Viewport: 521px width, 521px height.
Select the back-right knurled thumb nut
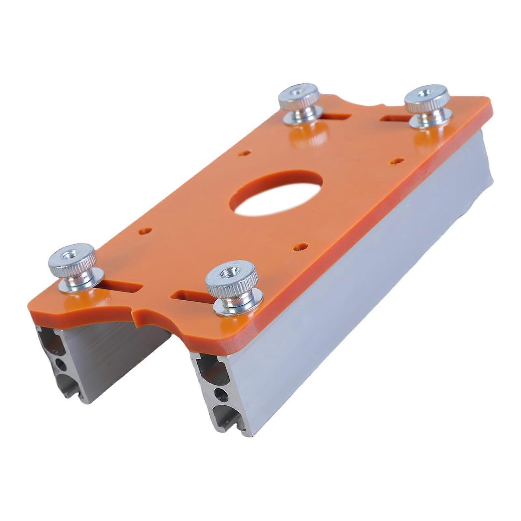[x=426, y=97]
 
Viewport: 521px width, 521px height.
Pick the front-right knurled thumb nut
[x=232, y=276]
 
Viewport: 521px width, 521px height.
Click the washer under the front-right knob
[x=232, y=306]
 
